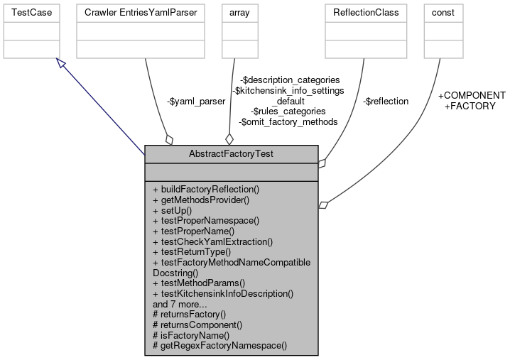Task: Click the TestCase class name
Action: (29, 13)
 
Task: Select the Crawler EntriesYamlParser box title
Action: (141, 13)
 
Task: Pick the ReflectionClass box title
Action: (362, 13)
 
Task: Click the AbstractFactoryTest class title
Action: (231, 153)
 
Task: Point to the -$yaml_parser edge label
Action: (196, 102)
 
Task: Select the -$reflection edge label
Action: (385, 102)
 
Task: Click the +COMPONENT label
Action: (471, 95)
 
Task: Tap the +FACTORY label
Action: (470, 106)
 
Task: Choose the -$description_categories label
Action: (289, 80)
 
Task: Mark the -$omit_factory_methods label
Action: (288, 121)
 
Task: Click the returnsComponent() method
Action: (197, 324)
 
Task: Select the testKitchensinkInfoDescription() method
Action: (223, 293)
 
